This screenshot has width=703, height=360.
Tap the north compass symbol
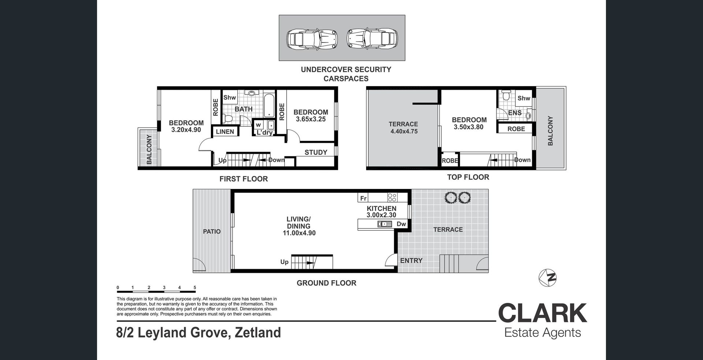coord(548,278)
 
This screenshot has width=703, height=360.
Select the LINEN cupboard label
coord(225,132)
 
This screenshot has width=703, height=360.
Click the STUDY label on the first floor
coord(316,152)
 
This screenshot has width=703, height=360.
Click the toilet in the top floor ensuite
coord(506,95)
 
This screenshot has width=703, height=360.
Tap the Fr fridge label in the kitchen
coord(363,198)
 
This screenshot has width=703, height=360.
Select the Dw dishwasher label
coord(401,224)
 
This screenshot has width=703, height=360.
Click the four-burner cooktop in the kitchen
coord(392,197)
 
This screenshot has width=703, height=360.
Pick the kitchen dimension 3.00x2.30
coord(381,215)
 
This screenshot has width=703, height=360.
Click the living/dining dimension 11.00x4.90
coord(299,233)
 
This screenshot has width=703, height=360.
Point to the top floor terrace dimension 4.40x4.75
coord(403,131)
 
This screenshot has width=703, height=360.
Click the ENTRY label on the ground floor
coord(411,260)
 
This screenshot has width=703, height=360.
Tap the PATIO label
coord(212,231)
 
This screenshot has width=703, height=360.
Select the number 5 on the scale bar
coord(195,287)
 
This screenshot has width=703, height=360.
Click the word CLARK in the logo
coord(543,313)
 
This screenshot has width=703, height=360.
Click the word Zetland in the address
coord(258,333)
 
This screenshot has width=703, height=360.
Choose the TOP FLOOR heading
coord(468,177)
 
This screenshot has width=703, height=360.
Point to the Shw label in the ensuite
coord(524,98)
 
